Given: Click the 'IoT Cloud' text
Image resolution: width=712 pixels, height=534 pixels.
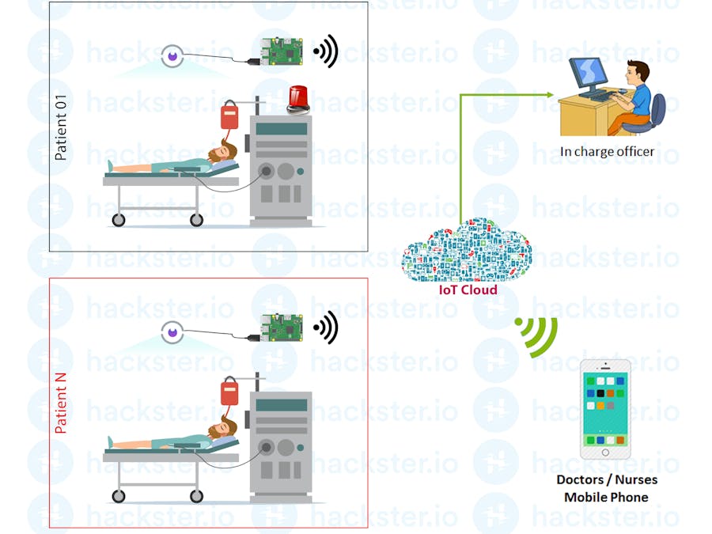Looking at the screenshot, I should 468,290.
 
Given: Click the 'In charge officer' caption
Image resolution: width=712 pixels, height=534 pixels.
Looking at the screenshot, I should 608,151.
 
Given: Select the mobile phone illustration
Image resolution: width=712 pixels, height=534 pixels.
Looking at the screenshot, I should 605,409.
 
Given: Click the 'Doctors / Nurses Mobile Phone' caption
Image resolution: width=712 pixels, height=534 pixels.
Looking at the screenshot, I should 606,488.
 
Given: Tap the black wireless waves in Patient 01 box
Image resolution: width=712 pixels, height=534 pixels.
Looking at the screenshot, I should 326,51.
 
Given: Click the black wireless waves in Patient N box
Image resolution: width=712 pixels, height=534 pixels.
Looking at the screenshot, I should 326,327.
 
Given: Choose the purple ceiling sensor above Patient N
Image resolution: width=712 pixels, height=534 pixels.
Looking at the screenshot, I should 172,331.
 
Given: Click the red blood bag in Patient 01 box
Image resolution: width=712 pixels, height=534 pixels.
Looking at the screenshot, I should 230,117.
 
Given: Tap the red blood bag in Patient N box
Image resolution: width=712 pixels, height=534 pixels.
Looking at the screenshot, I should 230,393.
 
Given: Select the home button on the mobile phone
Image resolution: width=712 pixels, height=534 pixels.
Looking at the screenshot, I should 605,453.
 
